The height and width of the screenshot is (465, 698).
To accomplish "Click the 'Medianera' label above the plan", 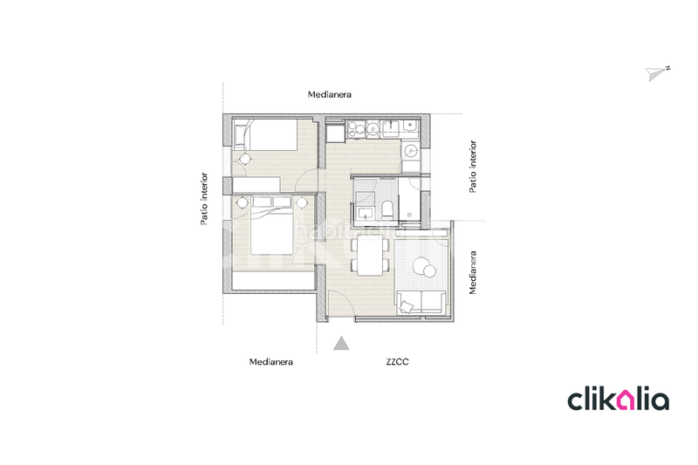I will coord(329,94).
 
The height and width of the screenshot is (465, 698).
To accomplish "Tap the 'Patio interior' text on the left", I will coord(204,198).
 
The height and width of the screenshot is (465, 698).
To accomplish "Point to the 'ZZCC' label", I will coord(397,360).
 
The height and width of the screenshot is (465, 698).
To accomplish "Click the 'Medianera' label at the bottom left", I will coord(270,360).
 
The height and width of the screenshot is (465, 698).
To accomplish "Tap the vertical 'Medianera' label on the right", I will coord(473,273).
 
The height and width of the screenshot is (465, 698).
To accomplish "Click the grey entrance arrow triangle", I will coord(343,343).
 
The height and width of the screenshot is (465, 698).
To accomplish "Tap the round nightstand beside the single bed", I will coord(245,158).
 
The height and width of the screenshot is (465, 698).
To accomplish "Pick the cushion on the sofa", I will coord(407,304).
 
